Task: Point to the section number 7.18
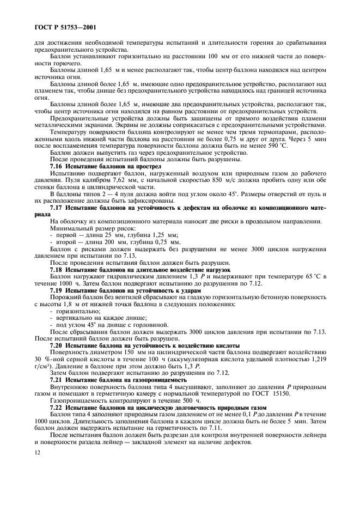(x=57, y=270)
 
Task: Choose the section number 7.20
(x=57, y=347)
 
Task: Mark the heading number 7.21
(x=57, y=380)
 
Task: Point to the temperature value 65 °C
(x=308, y=277)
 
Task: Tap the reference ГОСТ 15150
(x=280, y=394)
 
